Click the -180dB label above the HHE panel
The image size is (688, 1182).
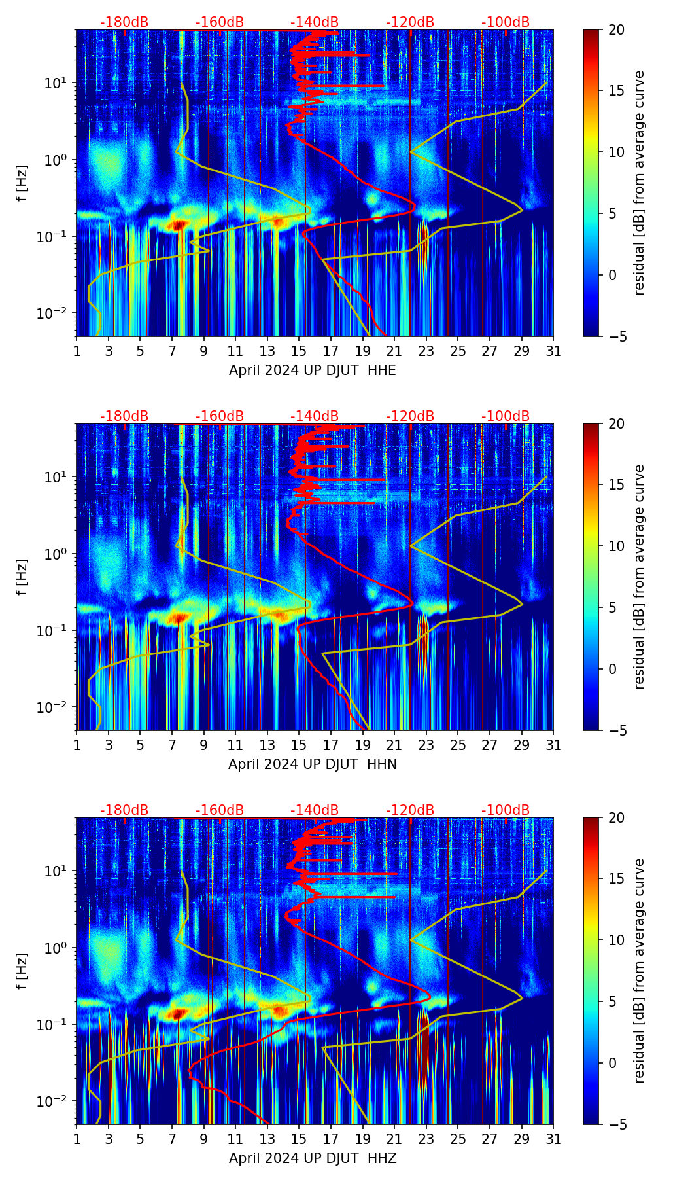124,22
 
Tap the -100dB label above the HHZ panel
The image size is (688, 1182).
506,810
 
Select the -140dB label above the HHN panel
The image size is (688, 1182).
315,416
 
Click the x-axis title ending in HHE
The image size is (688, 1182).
313,370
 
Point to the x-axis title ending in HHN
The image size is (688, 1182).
313,764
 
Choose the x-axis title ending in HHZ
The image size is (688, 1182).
313,1158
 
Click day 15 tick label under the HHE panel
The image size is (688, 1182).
299,351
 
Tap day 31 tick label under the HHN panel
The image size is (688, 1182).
553,745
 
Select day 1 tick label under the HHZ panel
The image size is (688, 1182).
77,1139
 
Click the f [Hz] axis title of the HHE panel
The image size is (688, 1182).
22,183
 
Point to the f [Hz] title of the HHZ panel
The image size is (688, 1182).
22,971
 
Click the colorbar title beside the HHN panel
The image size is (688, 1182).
640,577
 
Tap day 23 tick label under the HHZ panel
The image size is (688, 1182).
426,1139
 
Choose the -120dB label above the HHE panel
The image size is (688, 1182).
410,22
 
